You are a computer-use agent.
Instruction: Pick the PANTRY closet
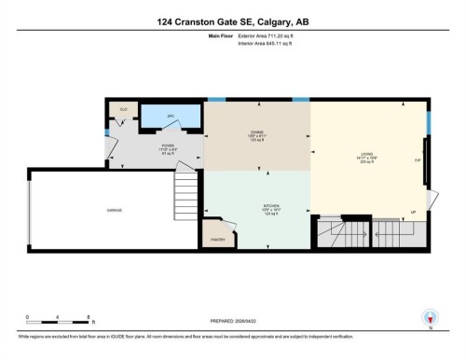click(217, 239)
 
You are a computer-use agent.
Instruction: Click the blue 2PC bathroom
click(171, 118)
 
